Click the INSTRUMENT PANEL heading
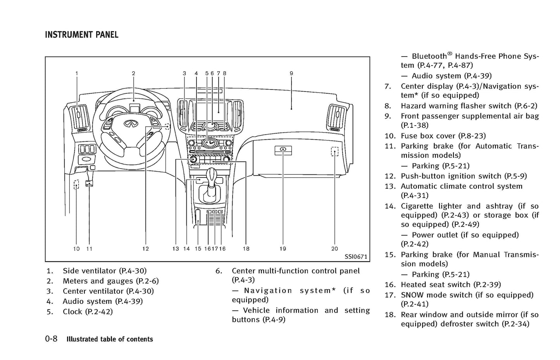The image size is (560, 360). tap(81, 35)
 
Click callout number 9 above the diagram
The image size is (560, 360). tap(291, 73)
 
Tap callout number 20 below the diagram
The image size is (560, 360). tap(334, 248)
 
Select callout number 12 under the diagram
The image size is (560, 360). tap(145, 248)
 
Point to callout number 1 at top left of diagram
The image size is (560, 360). tap(77, 73)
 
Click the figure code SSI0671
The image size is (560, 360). tap(355, 257)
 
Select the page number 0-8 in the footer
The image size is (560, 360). tap(51, 339)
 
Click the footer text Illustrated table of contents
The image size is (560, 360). tap(110, 339)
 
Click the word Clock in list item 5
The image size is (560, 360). tap(72, 312)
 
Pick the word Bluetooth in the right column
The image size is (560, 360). tap(429, 57)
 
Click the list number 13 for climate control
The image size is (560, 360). tap(389, 186)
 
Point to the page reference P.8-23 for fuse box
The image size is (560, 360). tap(472, 136)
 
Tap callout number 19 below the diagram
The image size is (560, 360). tap(283, 248)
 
